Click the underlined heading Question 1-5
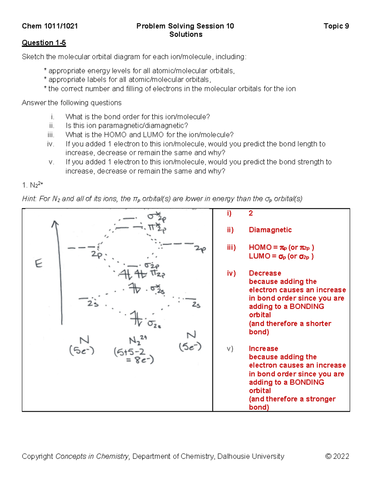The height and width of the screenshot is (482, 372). (44, 43)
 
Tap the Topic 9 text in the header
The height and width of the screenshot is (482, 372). (336, 26)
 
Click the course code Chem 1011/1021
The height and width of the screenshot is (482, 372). (50, 26)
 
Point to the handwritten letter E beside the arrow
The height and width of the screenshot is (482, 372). (38, 264)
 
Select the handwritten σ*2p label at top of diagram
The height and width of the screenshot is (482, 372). (157, 218)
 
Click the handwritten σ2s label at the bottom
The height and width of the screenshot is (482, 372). (154, 324)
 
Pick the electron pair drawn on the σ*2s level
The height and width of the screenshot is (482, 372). (135, 288)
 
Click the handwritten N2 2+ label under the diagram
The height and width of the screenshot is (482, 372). (137, 340)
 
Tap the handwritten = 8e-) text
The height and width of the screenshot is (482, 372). (140, 360)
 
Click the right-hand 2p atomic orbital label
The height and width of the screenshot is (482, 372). (200, 249)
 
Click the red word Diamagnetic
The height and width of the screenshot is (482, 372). (270, 230)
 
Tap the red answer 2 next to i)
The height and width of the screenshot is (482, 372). (250, 213)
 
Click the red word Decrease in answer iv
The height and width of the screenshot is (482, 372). (265, 273)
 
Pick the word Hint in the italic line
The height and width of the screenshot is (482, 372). (29, 199)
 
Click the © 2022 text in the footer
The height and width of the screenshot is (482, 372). (337, 456)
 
